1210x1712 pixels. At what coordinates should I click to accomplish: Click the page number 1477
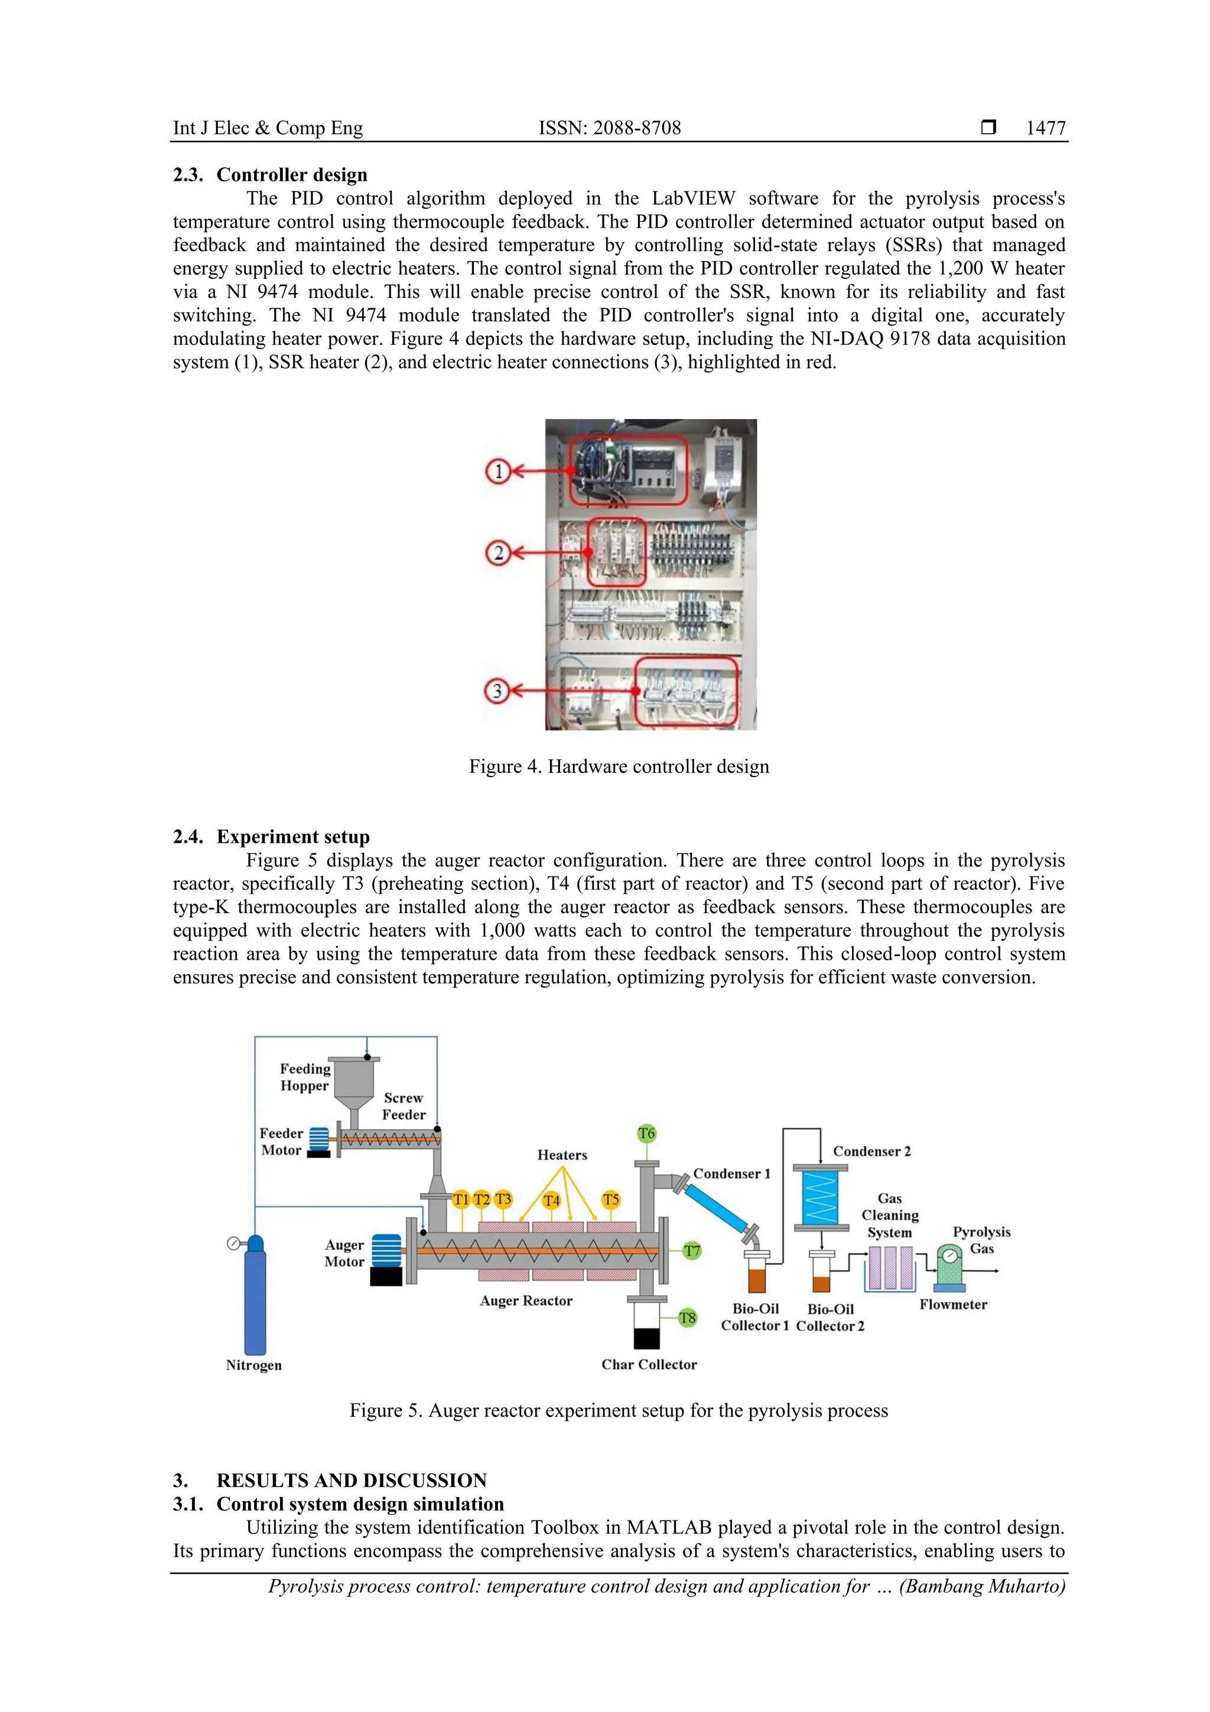click(x=1045, y=128)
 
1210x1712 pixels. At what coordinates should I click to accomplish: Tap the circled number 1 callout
click(x=498, y=471)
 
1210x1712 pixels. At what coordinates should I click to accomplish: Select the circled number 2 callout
click(x=498, y=553)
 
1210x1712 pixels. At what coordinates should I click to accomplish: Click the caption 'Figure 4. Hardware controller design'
click(x=618, y=766)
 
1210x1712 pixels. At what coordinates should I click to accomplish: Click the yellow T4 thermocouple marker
click(x=551, y=1200)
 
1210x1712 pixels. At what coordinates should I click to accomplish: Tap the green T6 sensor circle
click(x=646, y=1133)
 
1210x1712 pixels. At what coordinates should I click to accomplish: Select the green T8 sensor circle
click(x=687, y=1318)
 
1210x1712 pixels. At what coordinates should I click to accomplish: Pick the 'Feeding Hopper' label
click(x=305, y=1077)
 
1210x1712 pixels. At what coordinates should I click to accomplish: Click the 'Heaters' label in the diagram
click(x=562, y=1155)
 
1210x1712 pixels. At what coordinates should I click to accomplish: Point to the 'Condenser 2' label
click(x=871, y=1151)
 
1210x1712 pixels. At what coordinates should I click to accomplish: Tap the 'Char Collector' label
click(x=649, y=1365)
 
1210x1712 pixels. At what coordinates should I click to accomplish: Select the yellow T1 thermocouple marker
click(x=461, y=1199)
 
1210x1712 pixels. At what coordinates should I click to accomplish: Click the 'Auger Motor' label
click(x=344, y=1253)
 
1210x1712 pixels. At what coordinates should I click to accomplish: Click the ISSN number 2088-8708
click(x=609, y=128)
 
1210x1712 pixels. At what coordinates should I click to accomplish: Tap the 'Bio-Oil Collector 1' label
click(x=754, y=1317)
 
